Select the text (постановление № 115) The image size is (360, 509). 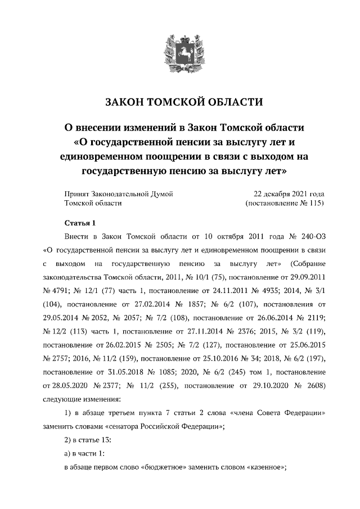click(285, 203)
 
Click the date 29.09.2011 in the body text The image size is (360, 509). click(305, 277)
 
